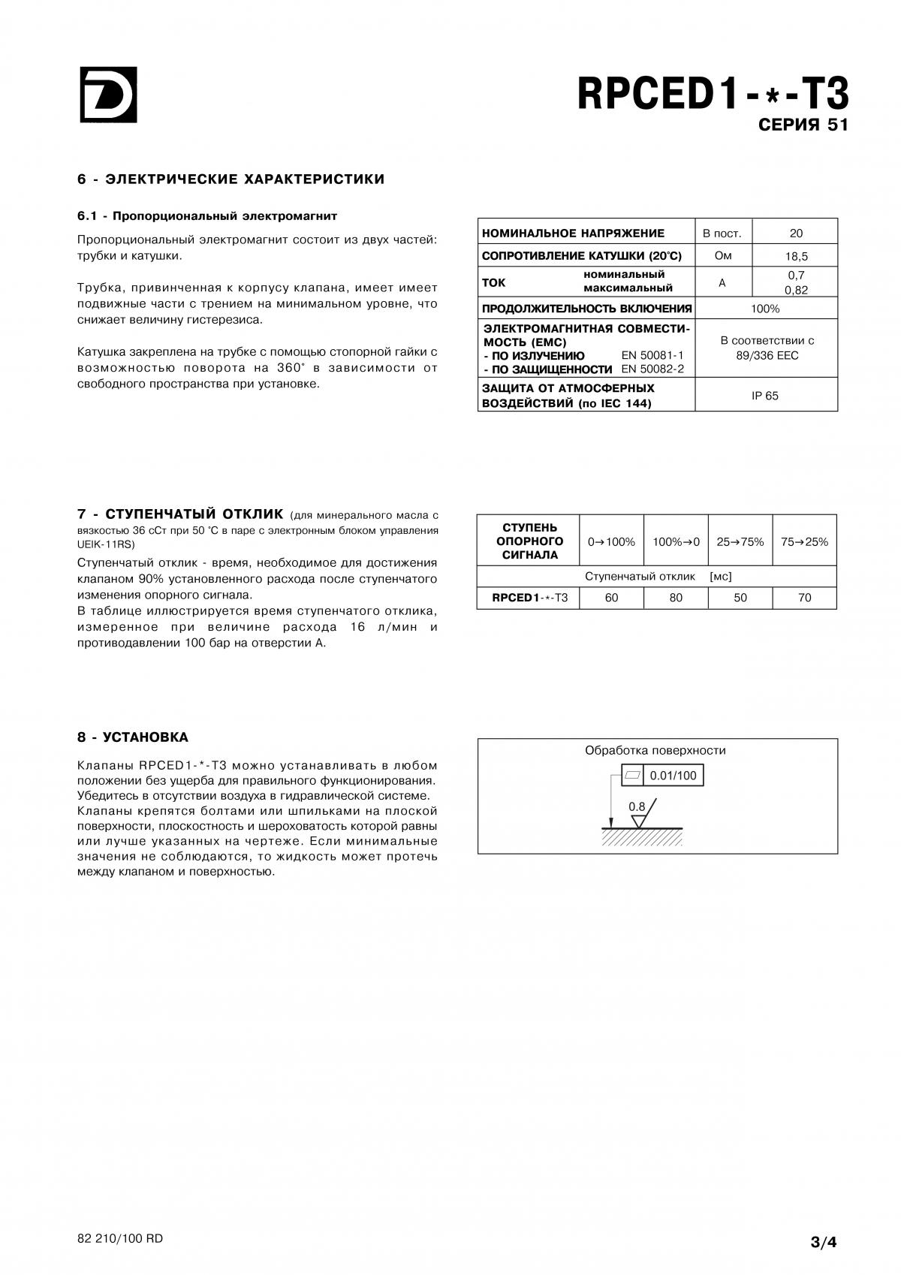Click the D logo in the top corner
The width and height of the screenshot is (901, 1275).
[x=108, y=95]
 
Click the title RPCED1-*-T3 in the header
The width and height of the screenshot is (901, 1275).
[x=713, y=95]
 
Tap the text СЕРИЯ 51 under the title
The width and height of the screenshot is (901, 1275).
[x=803, y=125]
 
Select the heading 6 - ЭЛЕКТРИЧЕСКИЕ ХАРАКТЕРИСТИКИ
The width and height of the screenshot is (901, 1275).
[x=231, y=179]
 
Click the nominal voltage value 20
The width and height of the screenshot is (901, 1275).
[x=795, y=234]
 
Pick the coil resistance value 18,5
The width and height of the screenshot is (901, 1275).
[x=795, y=256]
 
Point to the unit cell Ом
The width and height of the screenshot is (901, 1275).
[x=722, y=256]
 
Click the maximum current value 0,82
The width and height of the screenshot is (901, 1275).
[x=795, y=291]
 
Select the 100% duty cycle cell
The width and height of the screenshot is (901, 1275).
[x=765, y=309]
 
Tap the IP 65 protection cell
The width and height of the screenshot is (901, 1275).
[x=765, y=396]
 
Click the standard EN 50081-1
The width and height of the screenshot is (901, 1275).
[x=652, y=355]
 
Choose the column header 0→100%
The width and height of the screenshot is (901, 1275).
[x=611, y=541]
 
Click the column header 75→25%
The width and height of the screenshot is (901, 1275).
[x=804, y=541]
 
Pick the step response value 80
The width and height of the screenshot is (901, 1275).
[x=676, y=598]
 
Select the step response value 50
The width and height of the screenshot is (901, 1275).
[x=740, y=598]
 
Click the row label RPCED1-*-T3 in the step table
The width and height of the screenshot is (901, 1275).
[x=529, y=598]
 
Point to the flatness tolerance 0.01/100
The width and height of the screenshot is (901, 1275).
[x=673, y=776]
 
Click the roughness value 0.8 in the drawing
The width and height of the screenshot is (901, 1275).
[x=637, y=807]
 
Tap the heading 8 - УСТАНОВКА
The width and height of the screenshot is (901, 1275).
[x=133, y=737]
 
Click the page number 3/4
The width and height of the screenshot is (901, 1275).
[x=823, y=1242]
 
